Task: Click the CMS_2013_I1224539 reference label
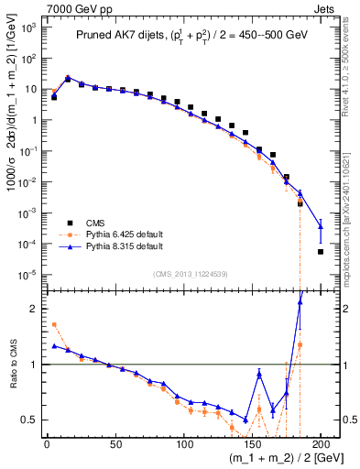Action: [x=191, y=272]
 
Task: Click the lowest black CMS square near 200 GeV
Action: [x=321, y=252]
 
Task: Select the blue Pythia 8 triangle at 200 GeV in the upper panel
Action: [x=321, y=226]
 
